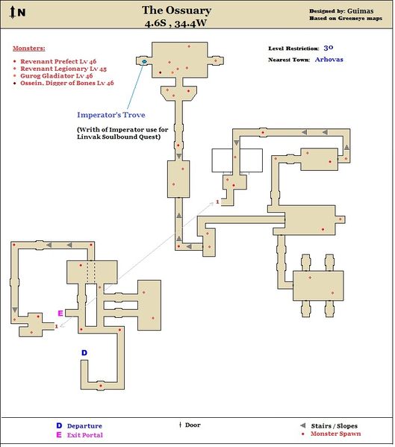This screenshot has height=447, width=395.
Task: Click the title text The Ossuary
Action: tap(176, 10)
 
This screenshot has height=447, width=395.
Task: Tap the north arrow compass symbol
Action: tap(12, 13)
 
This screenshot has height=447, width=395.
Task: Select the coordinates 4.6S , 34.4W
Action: tap(175, 23)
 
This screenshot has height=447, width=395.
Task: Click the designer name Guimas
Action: tap(360, 11)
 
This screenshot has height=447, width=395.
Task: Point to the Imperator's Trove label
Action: tap(111, 115)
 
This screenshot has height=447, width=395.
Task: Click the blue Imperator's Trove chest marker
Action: tap(144, 61)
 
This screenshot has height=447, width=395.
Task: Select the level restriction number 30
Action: tap(329, 48)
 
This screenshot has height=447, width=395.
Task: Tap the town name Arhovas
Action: tap(329, 60)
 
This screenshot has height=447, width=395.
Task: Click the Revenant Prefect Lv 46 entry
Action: tap(58, 61)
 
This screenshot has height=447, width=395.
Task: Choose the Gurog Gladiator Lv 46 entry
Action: tap(57, 76)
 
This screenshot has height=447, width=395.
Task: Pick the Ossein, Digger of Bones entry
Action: tap(67, 83)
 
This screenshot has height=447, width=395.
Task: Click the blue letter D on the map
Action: tap(84, 353)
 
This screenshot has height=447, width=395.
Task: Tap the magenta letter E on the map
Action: tap(60, 313)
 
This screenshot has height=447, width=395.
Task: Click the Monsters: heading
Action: tap(29, 49)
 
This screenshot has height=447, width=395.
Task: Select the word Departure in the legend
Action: tap(84, 426)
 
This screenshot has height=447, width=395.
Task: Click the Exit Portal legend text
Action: tap(84, 435)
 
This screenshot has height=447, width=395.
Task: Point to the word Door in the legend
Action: tap(193, 425)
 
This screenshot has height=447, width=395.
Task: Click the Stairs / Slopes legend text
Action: tap(334, 426)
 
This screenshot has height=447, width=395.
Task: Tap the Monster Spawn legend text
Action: tap(335, 434)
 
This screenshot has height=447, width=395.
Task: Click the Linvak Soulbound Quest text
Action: tap(119, 137)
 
